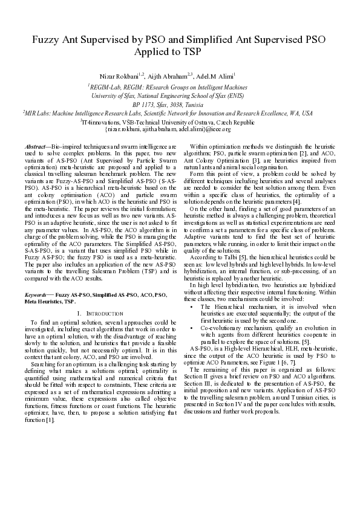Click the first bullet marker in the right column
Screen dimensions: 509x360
click(x=192, y=307)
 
